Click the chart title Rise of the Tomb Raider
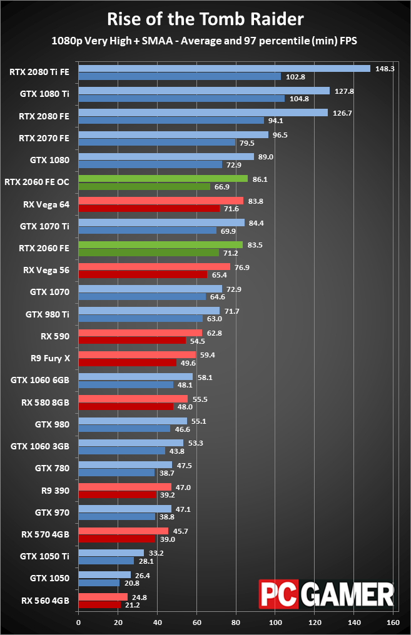[205, 19]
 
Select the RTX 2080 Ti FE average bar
[224, 68]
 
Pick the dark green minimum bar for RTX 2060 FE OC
[144, 186]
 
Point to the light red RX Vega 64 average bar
[161, 201]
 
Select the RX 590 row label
[56, 335]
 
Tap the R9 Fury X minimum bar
[127, 362]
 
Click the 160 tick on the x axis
[393, 622]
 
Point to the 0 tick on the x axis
[78, 622]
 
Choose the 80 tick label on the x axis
[236, 622]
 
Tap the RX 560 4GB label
[45, 601]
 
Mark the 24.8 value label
[139, 597]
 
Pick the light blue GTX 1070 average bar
[150, 289]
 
